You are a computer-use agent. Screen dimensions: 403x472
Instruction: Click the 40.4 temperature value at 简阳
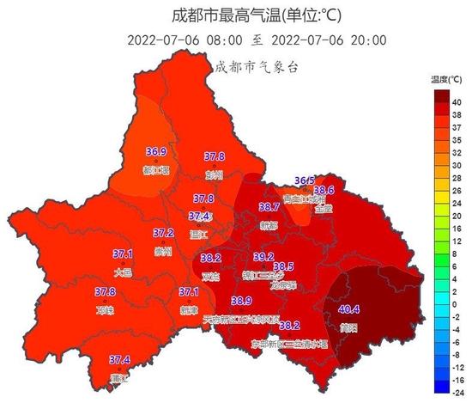(349, 309)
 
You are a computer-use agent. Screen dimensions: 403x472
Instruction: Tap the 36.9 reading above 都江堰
(156, 152)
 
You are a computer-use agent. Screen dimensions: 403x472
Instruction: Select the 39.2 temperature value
(263, 257)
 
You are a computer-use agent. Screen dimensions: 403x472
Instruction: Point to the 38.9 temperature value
(241, 300)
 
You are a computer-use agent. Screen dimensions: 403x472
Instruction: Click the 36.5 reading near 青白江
(305, 180)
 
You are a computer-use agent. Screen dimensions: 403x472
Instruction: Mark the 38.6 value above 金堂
(324, 190)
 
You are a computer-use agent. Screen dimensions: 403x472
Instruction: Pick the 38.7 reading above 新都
(269, 207)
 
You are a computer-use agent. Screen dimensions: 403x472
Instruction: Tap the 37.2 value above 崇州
(164, 233)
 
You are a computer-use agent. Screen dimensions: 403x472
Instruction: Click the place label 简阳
(348, 327)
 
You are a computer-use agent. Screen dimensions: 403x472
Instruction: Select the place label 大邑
(123, 272)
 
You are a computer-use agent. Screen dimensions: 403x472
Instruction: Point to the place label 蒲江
(119, 378)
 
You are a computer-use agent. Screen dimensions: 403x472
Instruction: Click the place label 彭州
(214, 174)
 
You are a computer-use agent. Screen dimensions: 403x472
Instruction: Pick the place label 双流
(209, 277)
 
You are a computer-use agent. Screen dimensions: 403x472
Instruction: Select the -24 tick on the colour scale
(457, 388)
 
